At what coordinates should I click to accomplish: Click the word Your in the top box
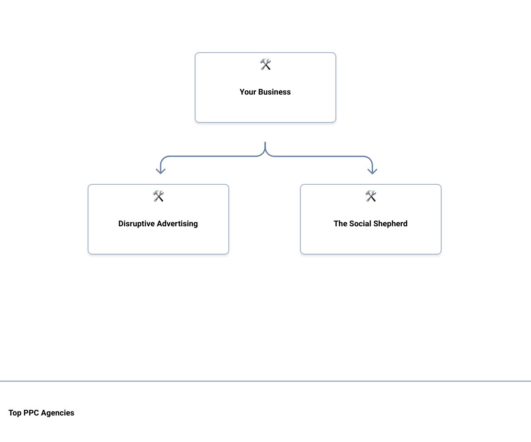pos(248,91)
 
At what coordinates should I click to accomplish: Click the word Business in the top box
pos(274,91)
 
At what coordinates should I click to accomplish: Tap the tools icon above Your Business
pos(265,64)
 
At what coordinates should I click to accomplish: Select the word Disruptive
pos(137,224)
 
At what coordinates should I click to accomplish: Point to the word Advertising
pos(177,224)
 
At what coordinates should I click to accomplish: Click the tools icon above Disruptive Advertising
pos(158,196)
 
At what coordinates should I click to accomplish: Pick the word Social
pos(360,224)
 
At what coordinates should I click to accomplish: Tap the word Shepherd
pos(390,224)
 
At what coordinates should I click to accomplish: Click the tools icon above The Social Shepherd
pos(371,196)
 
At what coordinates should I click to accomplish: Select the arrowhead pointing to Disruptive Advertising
pos(161,171)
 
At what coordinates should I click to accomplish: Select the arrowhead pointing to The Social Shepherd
pos(372,171)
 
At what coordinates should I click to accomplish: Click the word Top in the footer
pos(15,413)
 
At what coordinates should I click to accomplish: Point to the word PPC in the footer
pos(31,413)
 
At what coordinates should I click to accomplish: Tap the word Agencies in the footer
pos(58,413)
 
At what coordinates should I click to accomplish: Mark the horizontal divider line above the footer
pos(265,381)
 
